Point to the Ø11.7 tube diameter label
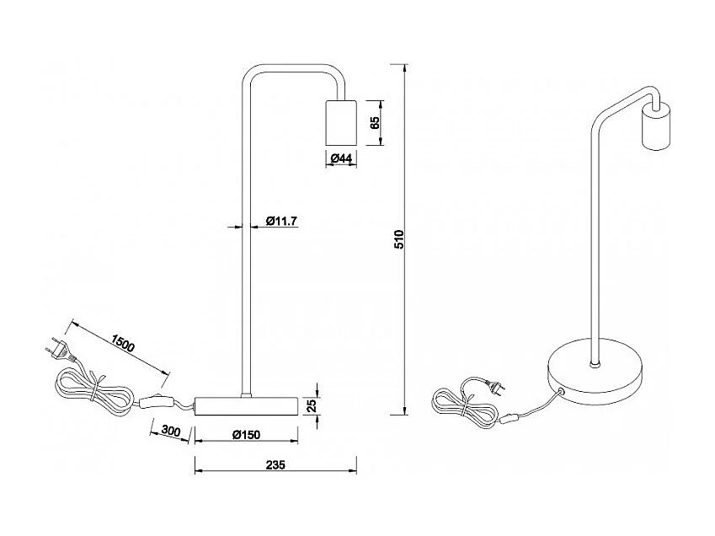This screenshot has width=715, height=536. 282,221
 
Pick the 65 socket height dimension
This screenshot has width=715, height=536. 376,122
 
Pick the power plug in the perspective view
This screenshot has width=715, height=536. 497,387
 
